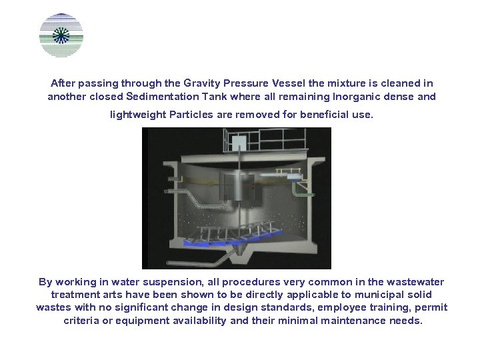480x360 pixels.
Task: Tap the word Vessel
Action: pos(290,83)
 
